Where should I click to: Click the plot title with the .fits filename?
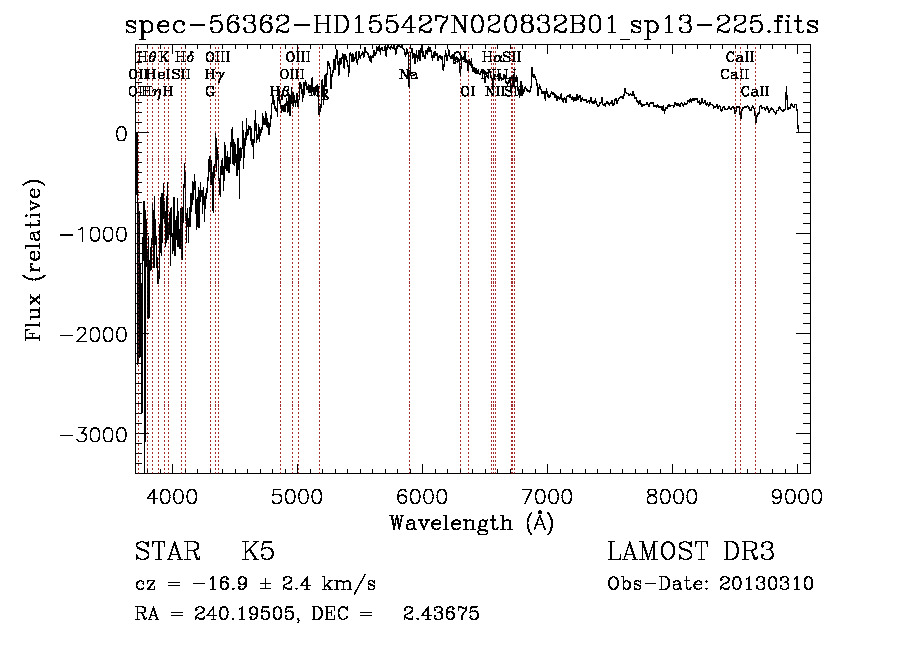pos(472,25)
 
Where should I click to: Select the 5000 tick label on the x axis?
pos(297,495)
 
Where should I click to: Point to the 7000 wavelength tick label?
pos(547,495)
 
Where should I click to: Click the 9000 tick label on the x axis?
pos(797,495)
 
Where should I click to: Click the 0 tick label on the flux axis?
pos(121,134)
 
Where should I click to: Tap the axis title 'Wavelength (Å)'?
pos(471,522)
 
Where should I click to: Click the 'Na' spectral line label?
pos(408,75)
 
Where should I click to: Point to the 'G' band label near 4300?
pos(210,91)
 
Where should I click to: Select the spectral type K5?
pos(257,552)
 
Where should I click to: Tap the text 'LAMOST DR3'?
pos(691,552)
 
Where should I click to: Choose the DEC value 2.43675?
pos(441,614)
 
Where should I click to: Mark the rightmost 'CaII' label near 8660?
pos(755,91)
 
